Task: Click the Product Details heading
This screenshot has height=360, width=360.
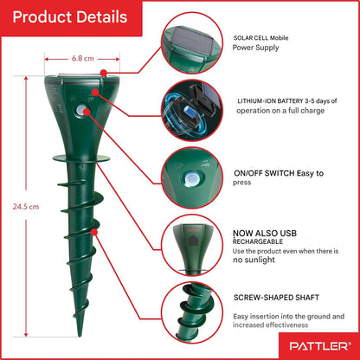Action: click(70, 16)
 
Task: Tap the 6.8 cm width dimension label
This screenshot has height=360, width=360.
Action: click(83, 59)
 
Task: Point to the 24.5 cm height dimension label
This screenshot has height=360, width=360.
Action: click(26, 207)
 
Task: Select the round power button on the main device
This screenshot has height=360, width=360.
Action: click(81, 111)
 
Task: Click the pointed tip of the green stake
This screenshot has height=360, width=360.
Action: click(80, 335)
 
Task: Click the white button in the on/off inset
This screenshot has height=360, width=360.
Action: click(191, 179)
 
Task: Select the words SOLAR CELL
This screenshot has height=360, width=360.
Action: click(251, 38)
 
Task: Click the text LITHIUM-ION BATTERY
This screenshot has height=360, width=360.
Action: click(270, 101)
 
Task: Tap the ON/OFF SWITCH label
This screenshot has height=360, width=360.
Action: click(264, 173)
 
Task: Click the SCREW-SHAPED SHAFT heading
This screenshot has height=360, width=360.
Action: click(276, 298)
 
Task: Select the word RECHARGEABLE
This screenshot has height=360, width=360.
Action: click(258, 241)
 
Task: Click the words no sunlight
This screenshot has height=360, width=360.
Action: click(254, 260)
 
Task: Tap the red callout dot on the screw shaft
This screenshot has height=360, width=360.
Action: click(93, 232)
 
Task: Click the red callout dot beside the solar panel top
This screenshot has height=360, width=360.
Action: click(104, 73)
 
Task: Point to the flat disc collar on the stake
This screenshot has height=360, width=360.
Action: click(81, 158)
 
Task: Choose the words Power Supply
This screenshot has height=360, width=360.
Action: click(256, 48)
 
